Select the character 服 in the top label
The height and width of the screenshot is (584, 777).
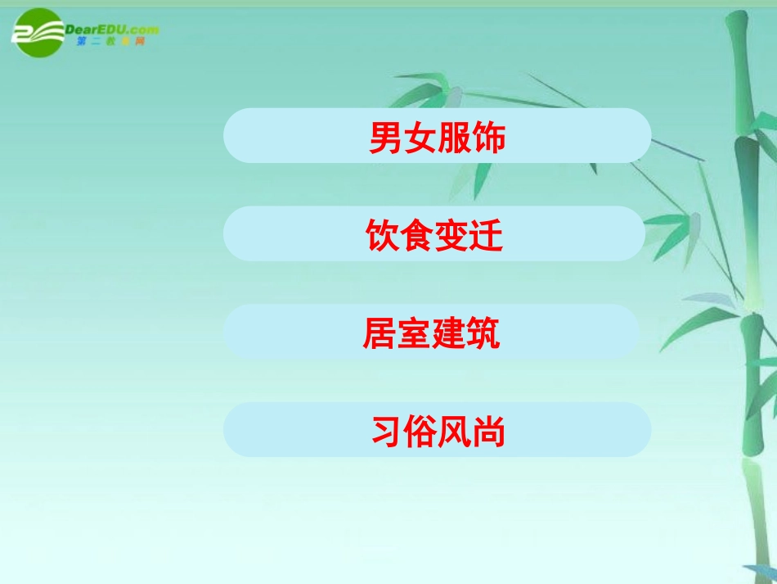[455, 138]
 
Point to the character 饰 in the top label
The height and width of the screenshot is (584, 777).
[489, 138]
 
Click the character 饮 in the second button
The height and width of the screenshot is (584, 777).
[382, 236]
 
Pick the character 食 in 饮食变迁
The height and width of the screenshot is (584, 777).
[416, 236]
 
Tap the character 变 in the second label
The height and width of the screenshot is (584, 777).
[451, 236]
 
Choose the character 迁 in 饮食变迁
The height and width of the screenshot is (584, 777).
[486, 236]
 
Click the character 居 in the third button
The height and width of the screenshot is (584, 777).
[380, 334]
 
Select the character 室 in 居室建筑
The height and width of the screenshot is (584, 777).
[414, 334]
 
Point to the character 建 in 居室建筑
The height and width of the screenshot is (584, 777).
[448, 334]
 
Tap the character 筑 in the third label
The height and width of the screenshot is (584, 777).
[483, 334]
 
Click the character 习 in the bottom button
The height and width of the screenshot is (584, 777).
[388, 432]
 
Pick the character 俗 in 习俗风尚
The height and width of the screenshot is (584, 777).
[421, 432]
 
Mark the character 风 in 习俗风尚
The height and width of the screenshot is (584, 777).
[456, 432]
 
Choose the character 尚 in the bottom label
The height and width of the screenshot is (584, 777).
[489, 432]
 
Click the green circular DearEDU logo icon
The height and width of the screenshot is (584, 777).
[38, 33]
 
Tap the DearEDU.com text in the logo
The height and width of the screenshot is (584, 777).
[115, 29]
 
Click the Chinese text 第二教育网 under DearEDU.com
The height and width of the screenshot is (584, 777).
[110, 42]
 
